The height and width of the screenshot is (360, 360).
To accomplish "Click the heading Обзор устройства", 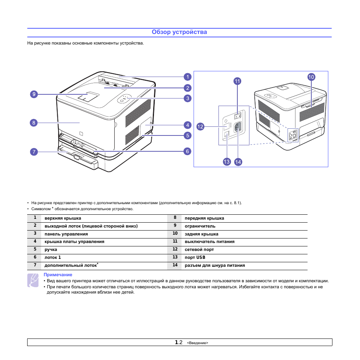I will [179, 32].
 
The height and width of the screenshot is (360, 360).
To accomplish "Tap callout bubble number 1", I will [187, 77].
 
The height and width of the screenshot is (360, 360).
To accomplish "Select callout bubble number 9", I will [34, 94].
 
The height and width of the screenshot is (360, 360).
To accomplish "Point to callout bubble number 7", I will [34, 152].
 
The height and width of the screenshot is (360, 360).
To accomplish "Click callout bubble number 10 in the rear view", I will [311, 77].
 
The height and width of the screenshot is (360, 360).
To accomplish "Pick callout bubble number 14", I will [238, 162].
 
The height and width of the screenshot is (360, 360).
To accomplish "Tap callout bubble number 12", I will [200, 127].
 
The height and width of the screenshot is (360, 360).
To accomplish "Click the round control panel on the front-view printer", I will [125, 99].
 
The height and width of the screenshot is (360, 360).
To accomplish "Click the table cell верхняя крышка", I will [63, 218].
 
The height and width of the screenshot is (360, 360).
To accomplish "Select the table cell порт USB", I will [195, 257].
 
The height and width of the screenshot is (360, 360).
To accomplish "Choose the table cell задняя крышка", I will [202, 234].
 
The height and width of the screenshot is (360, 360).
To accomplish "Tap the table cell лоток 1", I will [52, 257].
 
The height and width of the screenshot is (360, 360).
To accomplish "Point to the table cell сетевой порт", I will [199, 249].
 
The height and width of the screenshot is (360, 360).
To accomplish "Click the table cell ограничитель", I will [200, 226].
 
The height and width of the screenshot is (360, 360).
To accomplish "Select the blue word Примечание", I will [58, 275].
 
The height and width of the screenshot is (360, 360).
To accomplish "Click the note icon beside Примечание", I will [33, 281].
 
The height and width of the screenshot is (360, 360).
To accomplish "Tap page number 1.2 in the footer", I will [179, 342].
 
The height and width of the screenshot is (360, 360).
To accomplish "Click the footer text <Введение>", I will [197, 343].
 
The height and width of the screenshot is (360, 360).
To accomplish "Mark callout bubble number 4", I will [187, 125].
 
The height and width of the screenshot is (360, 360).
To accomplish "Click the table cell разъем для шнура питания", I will [215, 265].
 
